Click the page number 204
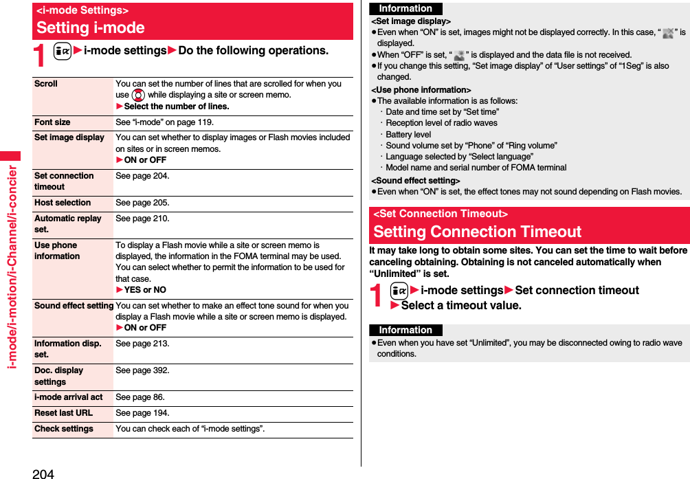click(43, 473)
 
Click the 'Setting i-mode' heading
click(91, 27)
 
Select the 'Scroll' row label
click(46, 84)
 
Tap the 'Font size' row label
click(52, 122)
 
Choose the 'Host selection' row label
click(63, 203)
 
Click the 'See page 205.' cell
click(142, 203)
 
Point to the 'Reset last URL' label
click(63, 413)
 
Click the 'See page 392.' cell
click(142, 370)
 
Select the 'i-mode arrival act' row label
click(68, 397)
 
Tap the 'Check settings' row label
click(64, 429)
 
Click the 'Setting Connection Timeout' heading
click(477, 232)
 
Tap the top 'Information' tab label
click(405, 9)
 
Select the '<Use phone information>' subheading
click(421, 90)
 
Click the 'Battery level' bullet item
click(408, 135)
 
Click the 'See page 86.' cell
click(140, 397)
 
